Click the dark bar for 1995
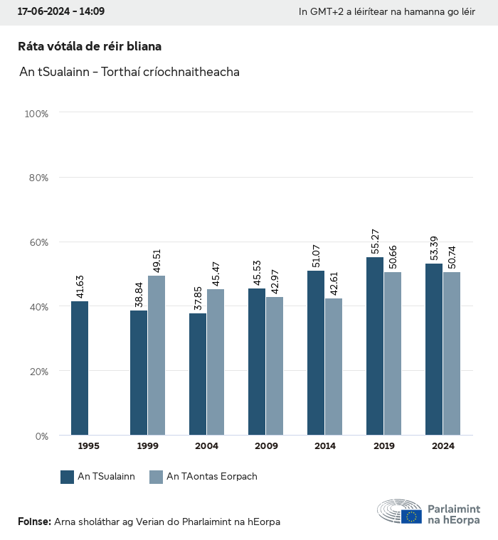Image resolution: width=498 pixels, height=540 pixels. (80, 368)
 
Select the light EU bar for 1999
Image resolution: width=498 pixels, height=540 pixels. (157, 355)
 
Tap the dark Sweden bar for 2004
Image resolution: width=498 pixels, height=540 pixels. (198, 374)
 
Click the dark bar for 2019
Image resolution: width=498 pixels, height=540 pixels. (375, 346)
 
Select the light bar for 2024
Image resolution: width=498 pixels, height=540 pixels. (452, 353)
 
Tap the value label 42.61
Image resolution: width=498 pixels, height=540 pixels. (334, 281)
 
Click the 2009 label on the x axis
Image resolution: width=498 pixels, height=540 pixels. (266, 446)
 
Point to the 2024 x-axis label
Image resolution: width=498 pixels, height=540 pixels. (443, 446)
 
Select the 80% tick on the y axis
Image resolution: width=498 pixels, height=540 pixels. (38, 178)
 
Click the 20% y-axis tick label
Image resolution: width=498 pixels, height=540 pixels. (38, 371)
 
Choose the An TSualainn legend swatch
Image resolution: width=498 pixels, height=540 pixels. (68, 477)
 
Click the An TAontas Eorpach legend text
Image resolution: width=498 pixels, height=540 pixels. (212, 477)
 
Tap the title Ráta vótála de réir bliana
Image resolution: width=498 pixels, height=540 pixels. (90, 46)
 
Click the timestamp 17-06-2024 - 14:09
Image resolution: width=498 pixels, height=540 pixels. (61, 11)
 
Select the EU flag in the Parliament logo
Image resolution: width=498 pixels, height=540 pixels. (411, 517)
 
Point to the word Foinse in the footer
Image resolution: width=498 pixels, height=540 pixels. (33, 522)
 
